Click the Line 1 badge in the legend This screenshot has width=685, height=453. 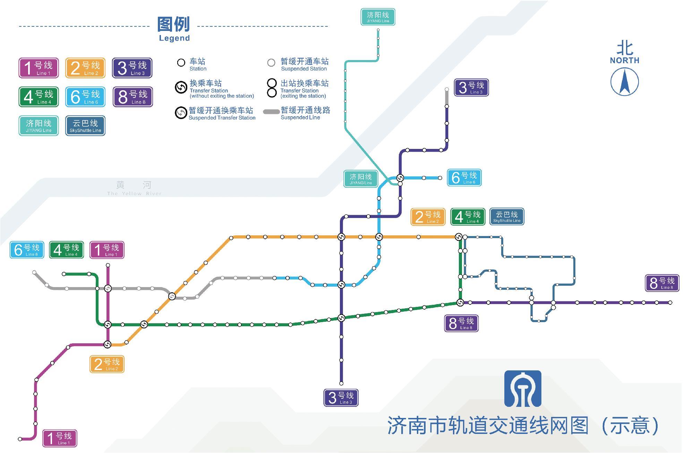pyautogui.click(x=38, y=68)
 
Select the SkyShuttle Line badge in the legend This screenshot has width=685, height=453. pyautogui.click(x=85, y=126)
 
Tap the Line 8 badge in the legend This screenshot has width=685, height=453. pyautogui.click(x=133, y=97)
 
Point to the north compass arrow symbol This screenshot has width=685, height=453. pyautogui.click(x=624, y=82)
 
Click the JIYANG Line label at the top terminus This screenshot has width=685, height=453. pyautogui.click(x=378, y=17)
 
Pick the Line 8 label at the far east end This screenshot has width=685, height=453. pyautogui.click(x=662, y=283)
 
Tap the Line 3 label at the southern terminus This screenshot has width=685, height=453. pyautogui.click(x=341, y=397)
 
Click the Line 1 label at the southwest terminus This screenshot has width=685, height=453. pyautogui.click(x=60, y=438)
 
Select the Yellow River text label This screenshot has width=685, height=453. pyautogui.click(x=134, y=188)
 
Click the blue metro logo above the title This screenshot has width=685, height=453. pyautogui.click(x=523, y=388)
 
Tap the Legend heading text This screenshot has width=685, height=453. pyautogui.click(x=174, y=29)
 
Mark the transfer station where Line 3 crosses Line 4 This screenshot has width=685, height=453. pyautogui.click(x=341, y=318)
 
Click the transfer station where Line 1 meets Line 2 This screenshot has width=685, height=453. pyautogui.click(x=108, y=344)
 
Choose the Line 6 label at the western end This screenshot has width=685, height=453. pyautogui.click(x=27, y=250)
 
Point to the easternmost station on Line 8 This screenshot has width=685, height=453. pyautogui.click(x=670, y=303)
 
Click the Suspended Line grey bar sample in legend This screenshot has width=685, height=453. pyautogui.click(x=271, y=112)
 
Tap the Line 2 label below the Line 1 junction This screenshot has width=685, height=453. pyautogui.click(x=107, y=364)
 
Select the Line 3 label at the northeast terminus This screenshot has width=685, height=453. pyautogui.click(x=471, y=87)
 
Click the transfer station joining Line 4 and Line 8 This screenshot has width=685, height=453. pyautogui.click(x=460, y=303)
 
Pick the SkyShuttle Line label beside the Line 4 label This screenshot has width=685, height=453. pyautogui.click(x=507, y=217)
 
